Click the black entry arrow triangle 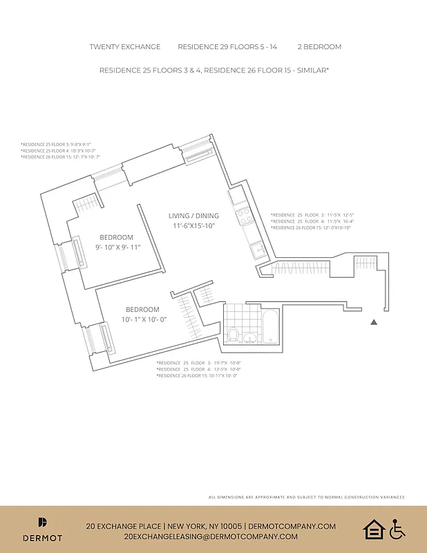(374, 322)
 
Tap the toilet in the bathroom (234, 335)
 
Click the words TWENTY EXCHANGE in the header (125, 47)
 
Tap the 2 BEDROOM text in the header (319, 47)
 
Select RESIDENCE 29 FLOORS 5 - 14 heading (228, 47)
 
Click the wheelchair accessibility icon (397, 530)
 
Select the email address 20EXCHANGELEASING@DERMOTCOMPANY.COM (211, 536)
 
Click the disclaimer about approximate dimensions (306, 497)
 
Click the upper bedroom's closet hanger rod (88, 204)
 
